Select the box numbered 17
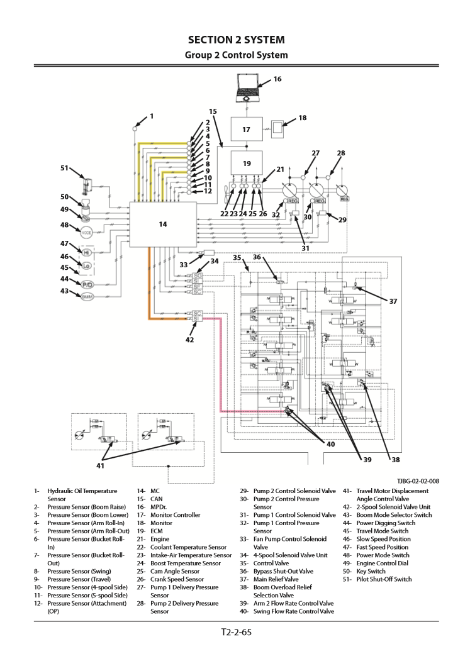pyautogui.click(x=247, y=130)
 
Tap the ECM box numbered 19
pyautogui.click(x=247, y=163)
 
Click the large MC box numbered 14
pyautogui.click(x=162, y=223)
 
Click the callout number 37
pyautogui.click(x=393, y=301)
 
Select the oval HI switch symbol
pyautogui.click(x=87, y=252)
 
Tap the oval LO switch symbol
pyautogui.click(x=87, y=267)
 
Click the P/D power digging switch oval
pyautogui.click(x=87, y=285)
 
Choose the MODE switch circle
pyautogui.click(x=87, y=225)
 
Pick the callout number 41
pyautogui.click(x=101, y=465)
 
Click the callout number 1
pyautogui.click(x=151, y=116)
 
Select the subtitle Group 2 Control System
pyautogui.click(x=236, y=55)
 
